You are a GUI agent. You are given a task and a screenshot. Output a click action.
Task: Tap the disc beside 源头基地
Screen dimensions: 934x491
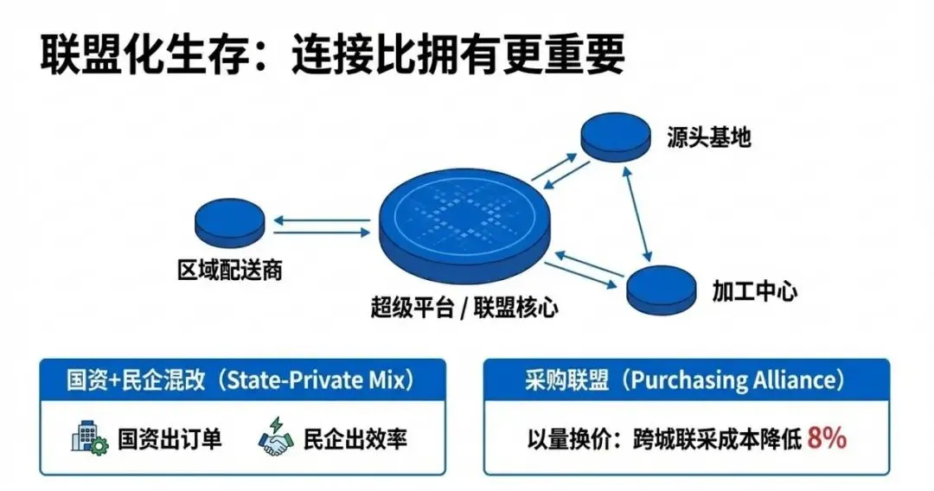(616, 136)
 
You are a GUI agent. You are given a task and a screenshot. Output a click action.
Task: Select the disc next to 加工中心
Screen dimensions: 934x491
(662, 290)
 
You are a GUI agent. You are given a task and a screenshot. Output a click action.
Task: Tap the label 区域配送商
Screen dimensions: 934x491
(229, 272)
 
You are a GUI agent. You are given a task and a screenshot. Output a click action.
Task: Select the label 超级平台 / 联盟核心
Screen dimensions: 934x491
(464, 309)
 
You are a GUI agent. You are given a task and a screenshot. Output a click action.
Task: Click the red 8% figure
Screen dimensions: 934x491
(826, 438)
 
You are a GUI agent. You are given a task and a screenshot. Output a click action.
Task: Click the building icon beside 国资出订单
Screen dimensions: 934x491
(88, 439)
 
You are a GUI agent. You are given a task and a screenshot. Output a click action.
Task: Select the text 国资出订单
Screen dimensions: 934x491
(170, 439)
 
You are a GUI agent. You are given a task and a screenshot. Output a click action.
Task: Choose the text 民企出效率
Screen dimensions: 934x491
(355, 439)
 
